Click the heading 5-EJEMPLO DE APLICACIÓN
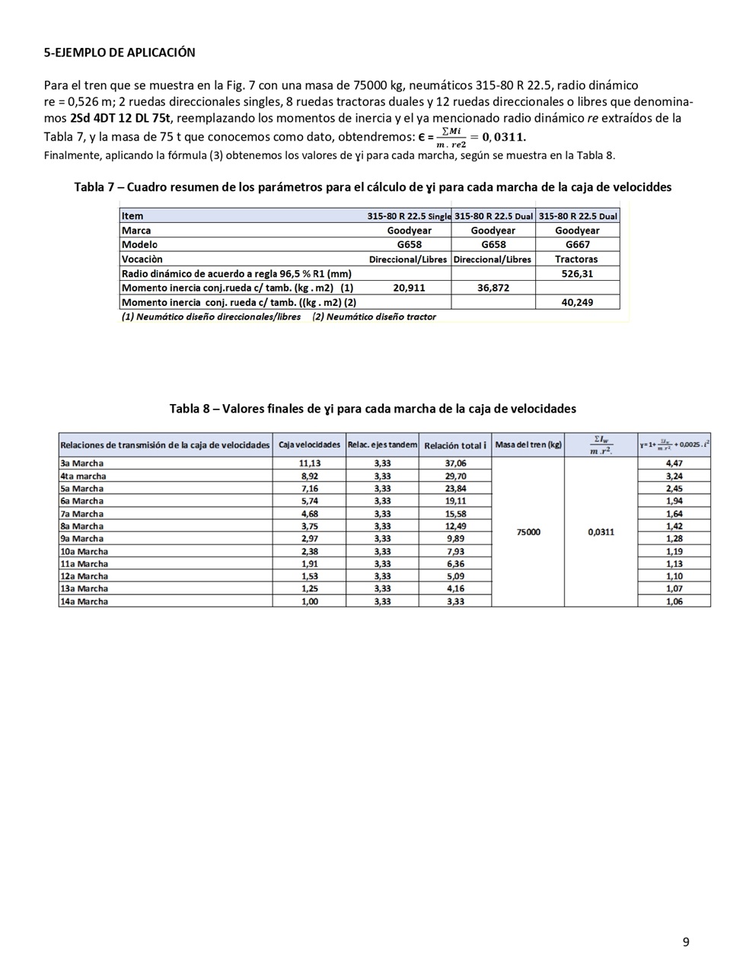click(x=120, y=53)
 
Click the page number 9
click(x=686, y=942)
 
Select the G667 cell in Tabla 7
click(x=577, y=244)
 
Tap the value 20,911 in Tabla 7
click(x=409, y=288)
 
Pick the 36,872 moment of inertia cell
click(x=493, y=288)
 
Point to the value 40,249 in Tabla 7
click(x=577, y=302)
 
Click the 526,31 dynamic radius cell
click(x=577, y=273)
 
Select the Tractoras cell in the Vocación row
click(x=577, y=259)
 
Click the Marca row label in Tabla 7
click(x=136, y=230)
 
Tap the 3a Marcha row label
click(x=81, y=463)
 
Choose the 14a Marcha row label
click(x=84, y=601)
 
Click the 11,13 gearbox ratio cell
click(x=308, y=463)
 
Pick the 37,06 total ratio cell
click(x=455, y=463)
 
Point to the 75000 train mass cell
click(x=528, y=532)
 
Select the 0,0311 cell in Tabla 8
click(x=601, y=532)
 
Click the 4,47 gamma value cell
click(x=674, y=463)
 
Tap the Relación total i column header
click(x=455, y=445)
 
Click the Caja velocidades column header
click(x=309, y=444)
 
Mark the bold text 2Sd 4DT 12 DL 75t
click(x=120, y=118)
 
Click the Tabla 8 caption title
click(x=372, y=409)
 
